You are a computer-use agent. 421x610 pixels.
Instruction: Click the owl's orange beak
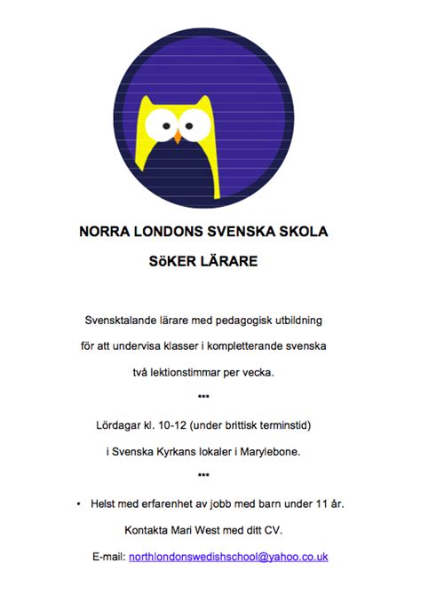(x=178, y=139)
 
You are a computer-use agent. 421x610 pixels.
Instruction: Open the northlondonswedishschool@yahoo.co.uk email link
(x=228, y=558)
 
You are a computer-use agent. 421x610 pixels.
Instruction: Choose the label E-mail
(x=108, y=558)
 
